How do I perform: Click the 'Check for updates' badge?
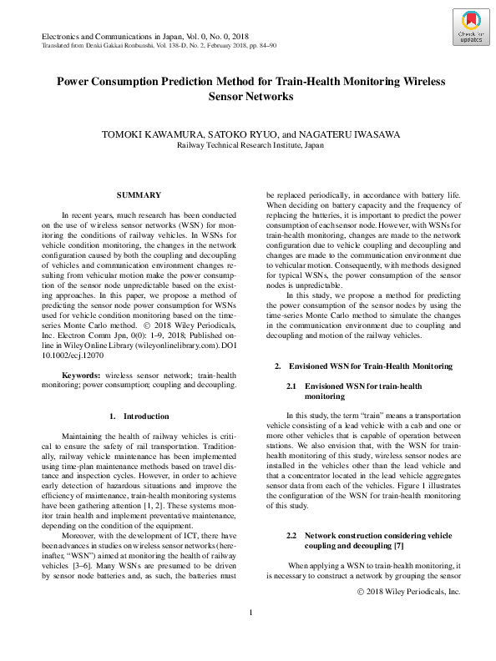pyautogui.click(x=469, y=28)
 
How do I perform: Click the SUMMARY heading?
pyautogui.click(x=139, y=194)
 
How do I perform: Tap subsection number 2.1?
pyautogui.click(x=291, y=386)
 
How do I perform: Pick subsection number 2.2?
pyautogui.click(x=291, y=533)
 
